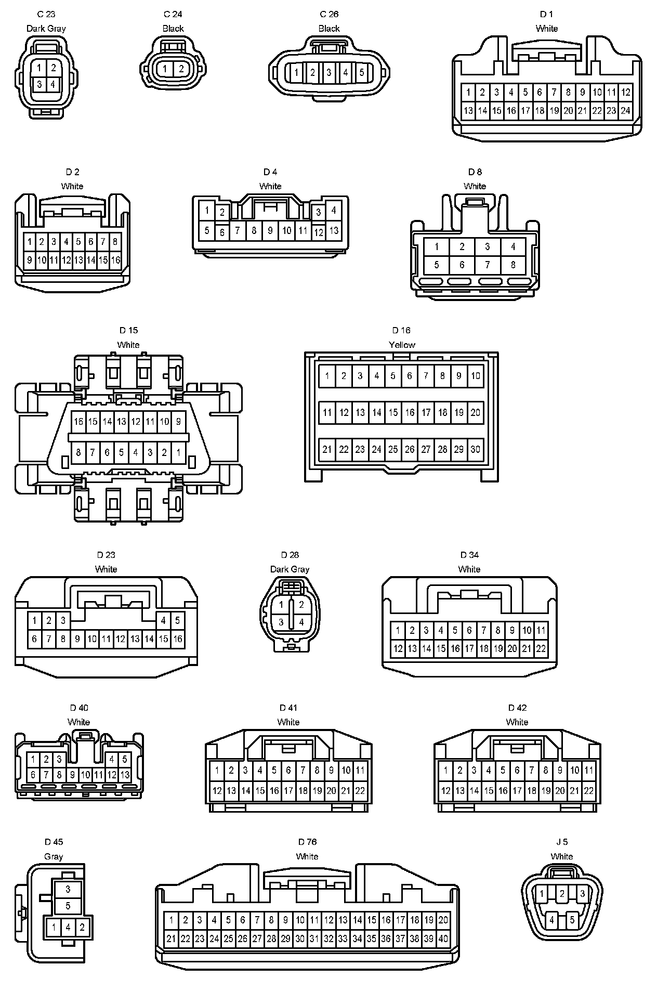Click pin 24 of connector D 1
pos(625,110)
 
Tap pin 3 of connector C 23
pos(39,84)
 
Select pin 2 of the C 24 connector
pos(181,69)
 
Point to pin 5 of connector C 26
pos(362,72)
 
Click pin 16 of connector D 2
pos(115,259)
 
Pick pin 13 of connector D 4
pos(334,230)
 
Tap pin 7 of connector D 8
pos(487,265)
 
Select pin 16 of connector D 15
pos(78,421)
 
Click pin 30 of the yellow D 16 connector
pos(475,449)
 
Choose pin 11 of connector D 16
pos(327,413)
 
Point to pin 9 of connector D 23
pos(77,638)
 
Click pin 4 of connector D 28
pos(301,622)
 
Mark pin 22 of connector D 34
pos(541,648)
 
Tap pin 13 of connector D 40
pos(125,774)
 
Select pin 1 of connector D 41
pos(217,770)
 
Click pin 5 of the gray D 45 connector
pos(68,906)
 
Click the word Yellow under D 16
pos(402,345)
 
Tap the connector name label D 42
pos(517,708)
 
